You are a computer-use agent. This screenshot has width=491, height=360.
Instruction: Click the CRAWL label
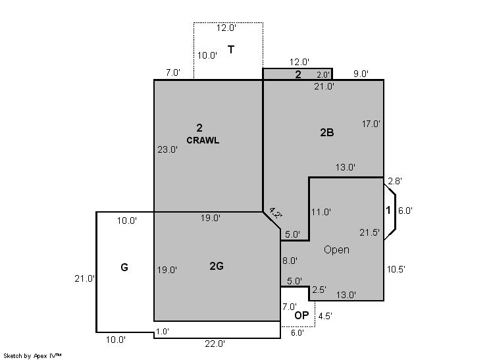coord(203,140)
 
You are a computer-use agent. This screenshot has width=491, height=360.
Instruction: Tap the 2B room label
coord(327,133)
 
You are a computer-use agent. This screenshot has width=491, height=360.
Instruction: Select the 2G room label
coord(217,266)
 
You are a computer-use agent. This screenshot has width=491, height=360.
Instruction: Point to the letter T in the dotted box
coord(231,49)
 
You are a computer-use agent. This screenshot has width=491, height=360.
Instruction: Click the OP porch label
coord(301,315)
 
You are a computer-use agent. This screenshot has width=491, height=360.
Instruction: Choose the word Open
coord(336,250)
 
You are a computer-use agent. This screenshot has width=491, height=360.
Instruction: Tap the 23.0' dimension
coord(168,149)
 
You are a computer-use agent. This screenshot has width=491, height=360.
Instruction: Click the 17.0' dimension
coord(371,124)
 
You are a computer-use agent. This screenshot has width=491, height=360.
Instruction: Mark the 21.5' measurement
coord(369,232)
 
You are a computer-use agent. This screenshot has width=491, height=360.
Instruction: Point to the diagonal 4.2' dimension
coord(276,213)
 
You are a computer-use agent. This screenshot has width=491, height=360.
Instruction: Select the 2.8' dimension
coord(395,181)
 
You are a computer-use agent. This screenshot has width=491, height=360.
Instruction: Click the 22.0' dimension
coord(215,344)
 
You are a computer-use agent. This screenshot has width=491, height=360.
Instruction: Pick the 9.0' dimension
coord(361,74)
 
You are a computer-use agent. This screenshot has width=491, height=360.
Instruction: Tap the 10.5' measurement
coord(396,269)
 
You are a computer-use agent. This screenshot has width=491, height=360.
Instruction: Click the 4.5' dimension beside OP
coord(325,316)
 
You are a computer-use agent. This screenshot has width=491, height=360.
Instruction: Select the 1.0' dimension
coord(163,332)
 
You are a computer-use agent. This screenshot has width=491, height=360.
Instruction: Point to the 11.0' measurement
coord(321,212)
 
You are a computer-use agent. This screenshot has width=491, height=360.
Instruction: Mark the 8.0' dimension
coord(290,261)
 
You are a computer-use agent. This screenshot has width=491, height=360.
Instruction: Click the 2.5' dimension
coord(319,290)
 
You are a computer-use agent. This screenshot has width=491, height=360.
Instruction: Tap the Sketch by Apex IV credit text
coord(32,356)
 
